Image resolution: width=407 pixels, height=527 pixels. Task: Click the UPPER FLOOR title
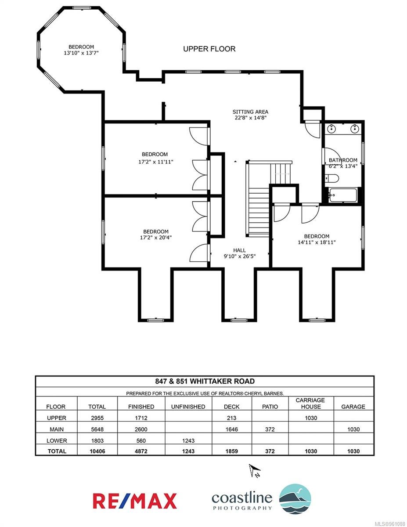[x=209, y=49]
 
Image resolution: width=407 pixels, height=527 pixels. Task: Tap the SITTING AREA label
[x=250, y=112]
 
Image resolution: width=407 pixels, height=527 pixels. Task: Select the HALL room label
[x=239, y=250]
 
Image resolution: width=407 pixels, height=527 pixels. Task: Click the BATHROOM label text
[x=343, y=160]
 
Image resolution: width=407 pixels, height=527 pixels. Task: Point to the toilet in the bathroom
[x=331, y=179]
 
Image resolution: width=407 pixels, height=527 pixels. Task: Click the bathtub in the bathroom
[x=342, y=195]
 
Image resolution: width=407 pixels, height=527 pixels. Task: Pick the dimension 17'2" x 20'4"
[x=156, y=238]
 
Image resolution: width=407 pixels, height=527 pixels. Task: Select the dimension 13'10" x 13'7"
[x=81, y=53]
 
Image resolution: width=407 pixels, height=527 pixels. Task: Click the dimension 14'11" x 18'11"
[x=317, y=242]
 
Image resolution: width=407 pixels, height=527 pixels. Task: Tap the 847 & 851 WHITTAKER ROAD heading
[x=205, y=381]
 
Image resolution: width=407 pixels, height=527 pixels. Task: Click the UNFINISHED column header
[x=188, y=407]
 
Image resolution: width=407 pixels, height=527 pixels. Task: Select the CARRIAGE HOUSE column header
[x=311, y=403]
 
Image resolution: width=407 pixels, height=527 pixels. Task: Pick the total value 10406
[x=97, y=451]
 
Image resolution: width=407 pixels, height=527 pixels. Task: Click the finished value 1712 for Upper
[x=141, y=418]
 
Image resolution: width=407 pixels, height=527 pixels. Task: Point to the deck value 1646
[x=231, y=429]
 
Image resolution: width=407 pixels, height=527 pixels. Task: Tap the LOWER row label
[x=57, y=440]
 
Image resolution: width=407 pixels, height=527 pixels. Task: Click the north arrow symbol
[x=255, y=471]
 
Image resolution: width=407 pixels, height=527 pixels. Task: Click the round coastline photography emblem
[x=295, y=498]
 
